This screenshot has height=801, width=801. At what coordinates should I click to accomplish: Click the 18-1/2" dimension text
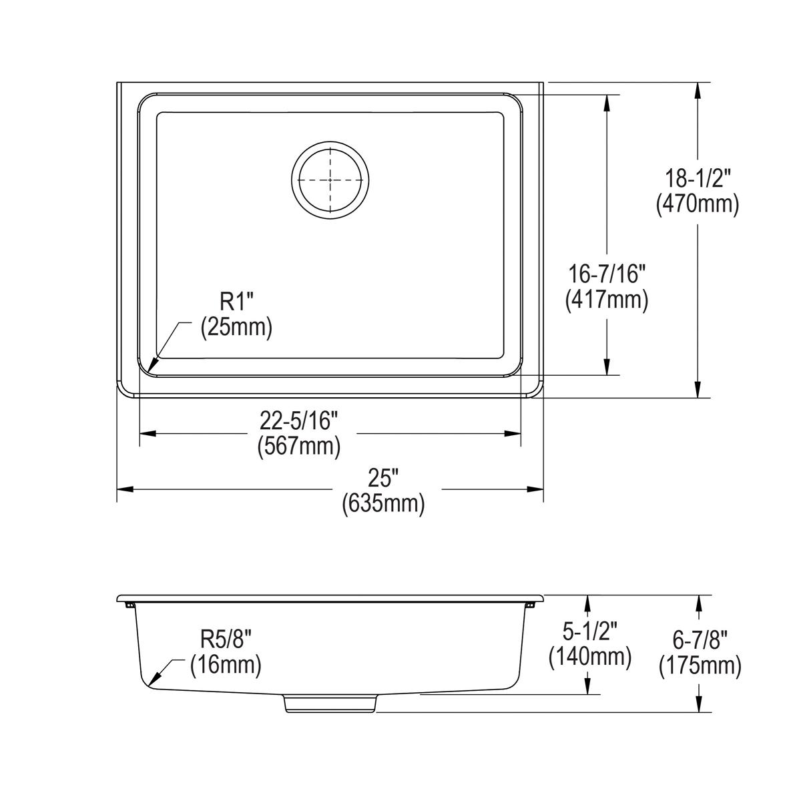[x=698, y=178]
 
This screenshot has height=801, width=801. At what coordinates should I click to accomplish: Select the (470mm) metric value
[x=698, y=204]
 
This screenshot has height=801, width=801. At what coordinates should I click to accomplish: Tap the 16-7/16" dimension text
[x=607, y=274]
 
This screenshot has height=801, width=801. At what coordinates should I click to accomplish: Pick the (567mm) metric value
[x=300, y=447]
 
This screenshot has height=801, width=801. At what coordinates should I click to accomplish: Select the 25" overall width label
[x=383, y=478]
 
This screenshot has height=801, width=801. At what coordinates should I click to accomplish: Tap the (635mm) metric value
[x=383, y=504]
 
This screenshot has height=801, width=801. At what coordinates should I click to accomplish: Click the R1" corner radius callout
[x=237, y=302]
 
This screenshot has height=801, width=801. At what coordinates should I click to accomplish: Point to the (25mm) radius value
[x=237, y=328]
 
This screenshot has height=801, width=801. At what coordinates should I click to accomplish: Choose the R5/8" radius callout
[x=226, y=639]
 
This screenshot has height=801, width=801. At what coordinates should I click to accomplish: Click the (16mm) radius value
[x=226, y=665]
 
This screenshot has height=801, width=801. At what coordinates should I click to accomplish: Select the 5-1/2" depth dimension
[x=589, y=631]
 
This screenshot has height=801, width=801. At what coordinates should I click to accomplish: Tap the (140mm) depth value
[x=589, y=657]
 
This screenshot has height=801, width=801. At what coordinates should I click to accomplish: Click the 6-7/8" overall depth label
[x=700, y=640]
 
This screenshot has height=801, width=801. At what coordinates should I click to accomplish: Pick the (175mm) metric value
[x=700, y=666]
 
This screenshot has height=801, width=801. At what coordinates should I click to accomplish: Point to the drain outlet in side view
[x=330, y=704]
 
